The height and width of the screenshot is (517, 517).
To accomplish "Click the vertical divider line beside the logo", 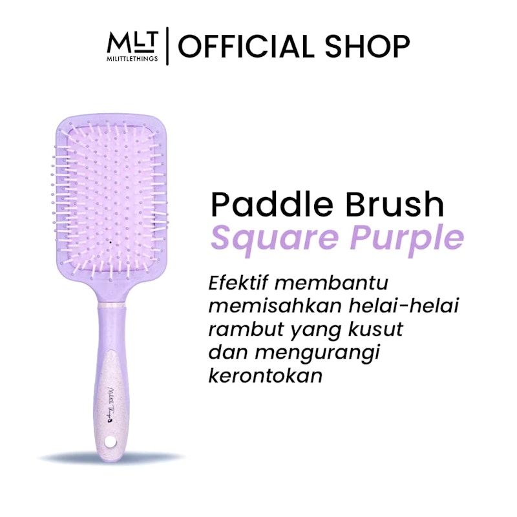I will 168,47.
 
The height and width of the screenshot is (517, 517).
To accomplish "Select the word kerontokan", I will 265,375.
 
